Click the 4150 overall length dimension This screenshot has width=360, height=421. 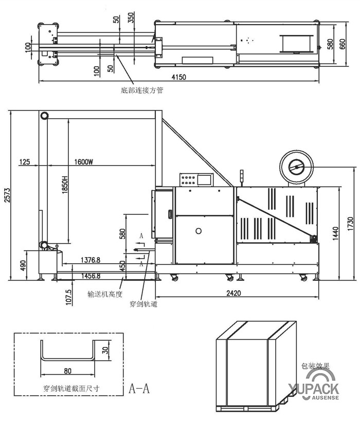178,77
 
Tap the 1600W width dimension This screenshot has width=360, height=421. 83,161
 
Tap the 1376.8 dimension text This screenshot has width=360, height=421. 91,261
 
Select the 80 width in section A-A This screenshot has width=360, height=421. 68,370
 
